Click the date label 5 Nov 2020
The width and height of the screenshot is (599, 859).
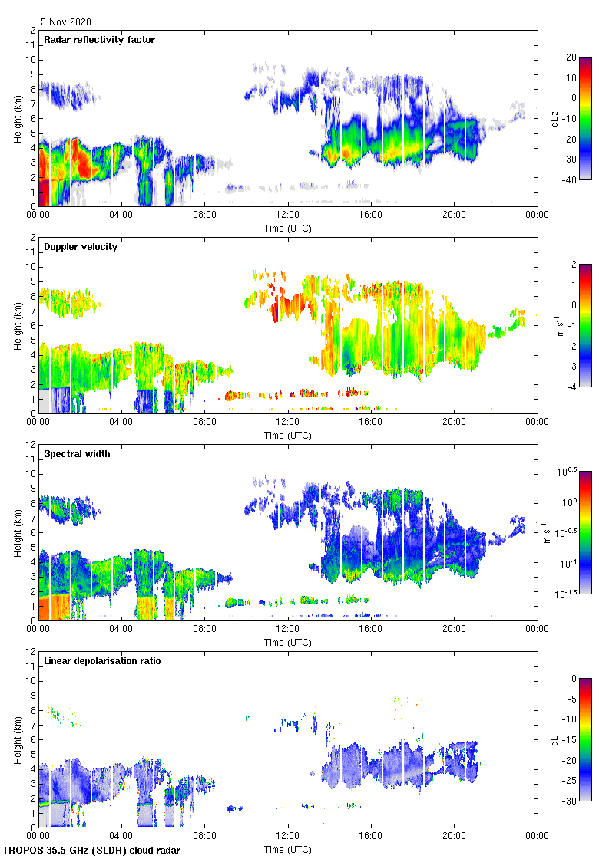pos(65,22)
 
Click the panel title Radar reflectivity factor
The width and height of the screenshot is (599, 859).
pos(100,39)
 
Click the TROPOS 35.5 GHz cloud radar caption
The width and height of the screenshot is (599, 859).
pos(92,850)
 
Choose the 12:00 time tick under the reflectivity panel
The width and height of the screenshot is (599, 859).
pos(288,215)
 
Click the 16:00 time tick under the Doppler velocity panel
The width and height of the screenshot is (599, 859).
pos(371,422)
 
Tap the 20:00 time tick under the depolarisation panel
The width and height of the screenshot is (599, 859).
pos(455,836)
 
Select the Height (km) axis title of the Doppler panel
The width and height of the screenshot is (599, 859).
pos(17,325)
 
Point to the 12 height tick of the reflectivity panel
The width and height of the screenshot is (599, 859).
pos(31,31)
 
